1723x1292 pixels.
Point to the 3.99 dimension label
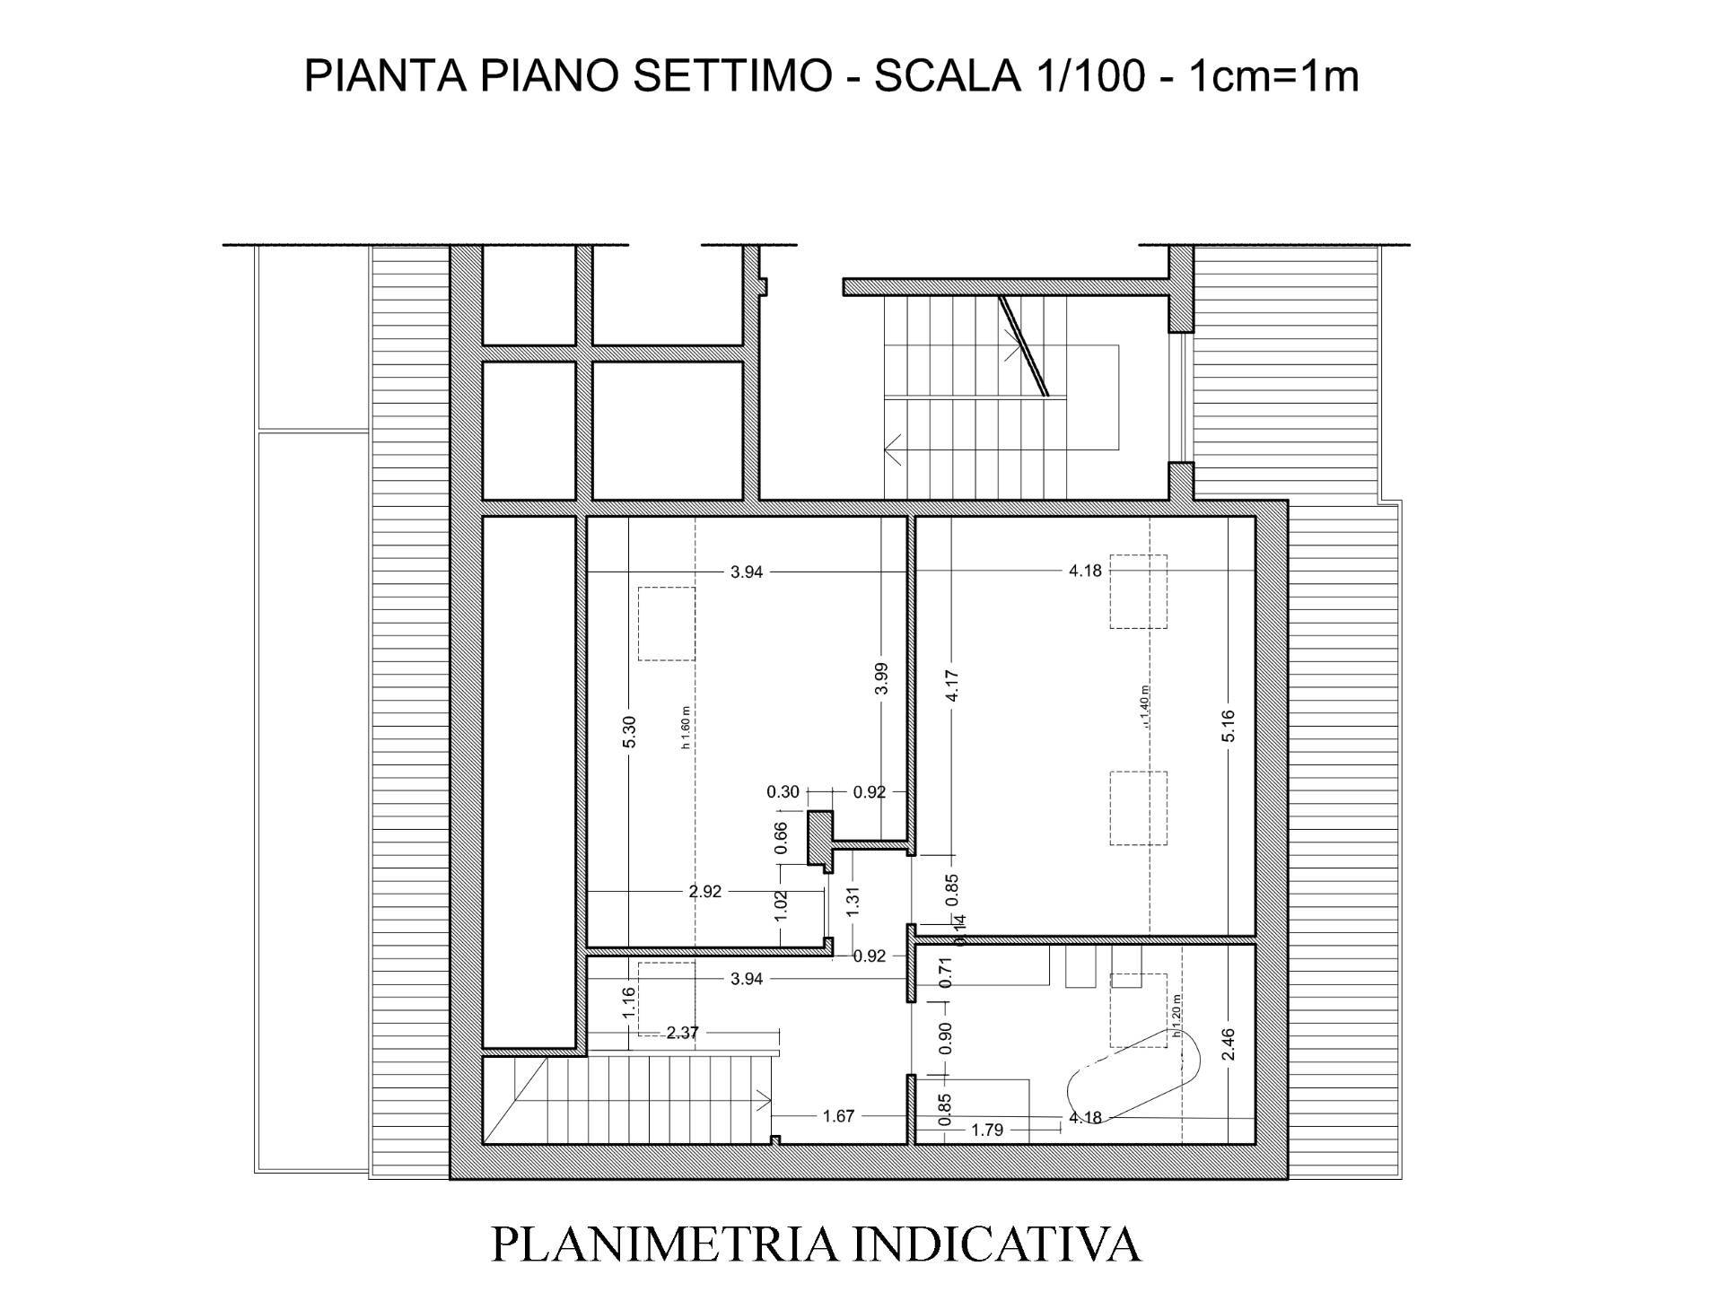(881, 677)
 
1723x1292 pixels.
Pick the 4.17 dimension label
(953, 686)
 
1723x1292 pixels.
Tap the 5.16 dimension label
(1229, 726)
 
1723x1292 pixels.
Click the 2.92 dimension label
(704, 892)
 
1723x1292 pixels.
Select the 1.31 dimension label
(853, 900)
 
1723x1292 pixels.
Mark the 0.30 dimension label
(783, 792)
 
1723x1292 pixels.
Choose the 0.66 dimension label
(781, 837)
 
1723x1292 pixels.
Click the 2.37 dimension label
(682, 1033)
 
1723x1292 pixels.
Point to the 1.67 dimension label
(838, 1116)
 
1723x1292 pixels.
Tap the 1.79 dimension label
(987, 1130)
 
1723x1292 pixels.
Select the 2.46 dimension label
(1229, 1043)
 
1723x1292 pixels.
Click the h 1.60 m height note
(686, 728)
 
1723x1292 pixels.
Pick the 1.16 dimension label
(629, 1002)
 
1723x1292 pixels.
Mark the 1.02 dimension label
(781, 901)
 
